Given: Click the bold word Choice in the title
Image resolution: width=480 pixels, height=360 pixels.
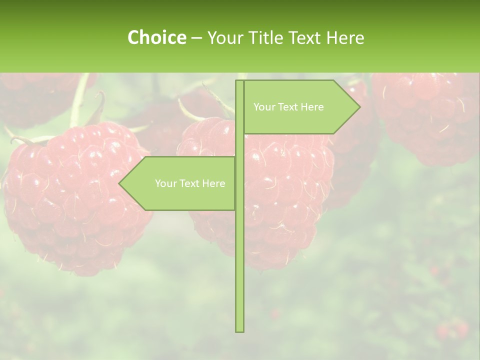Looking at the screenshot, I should pos(156,37).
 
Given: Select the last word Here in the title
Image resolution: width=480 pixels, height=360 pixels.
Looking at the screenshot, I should pos(345,37).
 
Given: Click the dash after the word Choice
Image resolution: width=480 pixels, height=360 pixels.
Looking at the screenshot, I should pos(196,38).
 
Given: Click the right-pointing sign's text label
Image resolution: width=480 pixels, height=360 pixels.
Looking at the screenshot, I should pos(288,107).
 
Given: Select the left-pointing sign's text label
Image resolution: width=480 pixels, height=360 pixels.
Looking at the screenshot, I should pos(190,183).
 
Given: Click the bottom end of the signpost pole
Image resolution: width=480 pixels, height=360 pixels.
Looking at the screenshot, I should pos(239,330).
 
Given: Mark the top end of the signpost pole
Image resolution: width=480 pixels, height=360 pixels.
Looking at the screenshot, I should pos(239,82).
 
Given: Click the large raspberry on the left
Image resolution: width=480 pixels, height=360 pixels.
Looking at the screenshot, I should pos(75,200).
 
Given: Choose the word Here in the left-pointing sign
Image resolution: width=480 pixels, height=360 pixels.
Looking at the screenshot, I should pos(213,183).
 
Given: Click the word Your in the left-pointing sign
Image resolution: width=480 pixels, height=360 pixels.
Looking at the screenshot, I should pos(165,183).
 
